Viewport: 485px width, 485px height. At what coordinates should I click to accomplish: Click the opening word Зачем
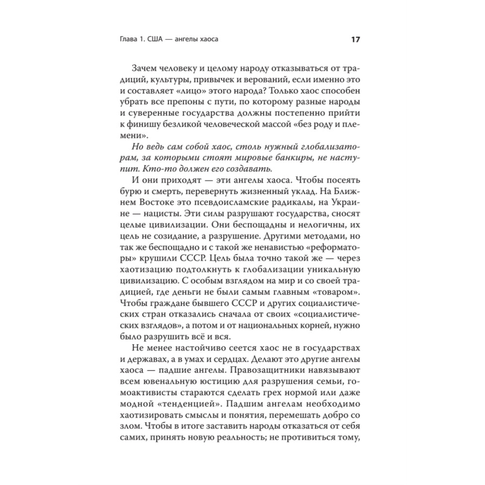(x=145, y=69)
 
